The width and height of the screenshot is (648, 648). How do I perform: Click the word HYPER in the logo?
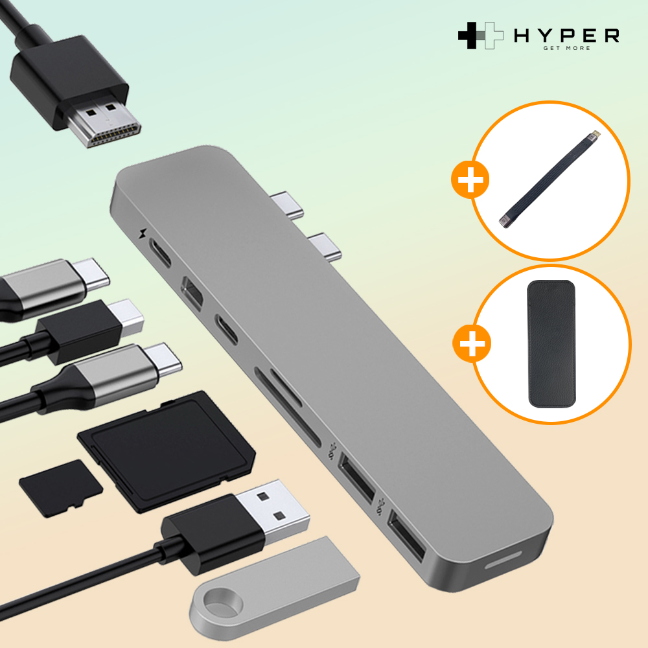[x=566, y=36]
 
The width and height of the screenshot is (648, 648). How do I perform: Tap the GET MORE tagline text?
[x=566, y=48]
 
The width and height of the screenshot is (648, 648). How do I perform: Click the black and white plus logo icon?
[x=481, y=36]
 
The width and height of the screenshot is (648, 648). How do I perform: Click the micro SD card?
[x=61, y=488]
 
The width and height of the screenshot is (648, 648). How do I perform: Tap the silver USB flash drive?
[x=274, y=587]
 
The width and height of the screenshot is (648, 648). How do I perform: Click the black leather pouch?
[x=551, y=344]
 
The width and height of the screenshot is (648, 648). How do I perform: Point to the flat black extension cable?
[x=550, y=179]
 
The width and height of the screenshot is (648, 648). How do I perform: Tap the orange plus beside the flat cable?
[x=470, y=179]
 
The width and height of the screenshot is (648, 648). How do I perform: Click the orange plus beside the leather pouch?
[x=472, y=343]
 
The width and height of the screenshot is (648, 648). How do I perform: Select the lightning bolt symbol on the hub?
[x=143, y=233]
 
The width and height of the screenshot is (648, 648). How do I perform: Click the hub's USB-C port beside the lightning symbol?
[x=159, y=252]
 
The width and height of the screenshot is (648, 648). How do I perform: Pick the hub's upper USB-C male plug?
[x=288, y=204]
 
